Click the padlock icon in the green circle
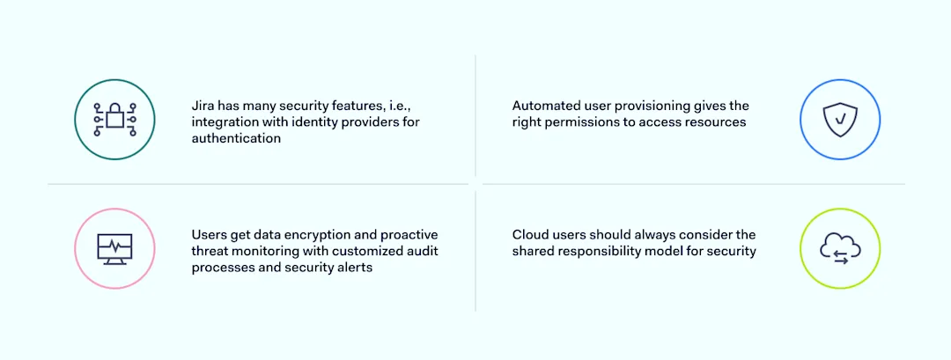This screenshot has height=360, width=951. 114,119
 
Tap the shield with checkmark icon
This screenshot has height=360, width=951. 840,120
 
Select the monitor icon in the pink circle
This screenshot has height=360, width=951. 114,248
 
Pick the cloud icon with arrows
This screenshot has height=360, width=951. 840,248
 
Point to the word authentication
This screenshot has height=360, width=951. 236,138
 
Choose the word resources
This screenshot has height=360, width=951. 717,122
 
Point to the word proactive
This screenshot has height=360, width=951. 409,235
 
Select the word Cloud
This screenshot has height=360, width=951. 531,235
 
